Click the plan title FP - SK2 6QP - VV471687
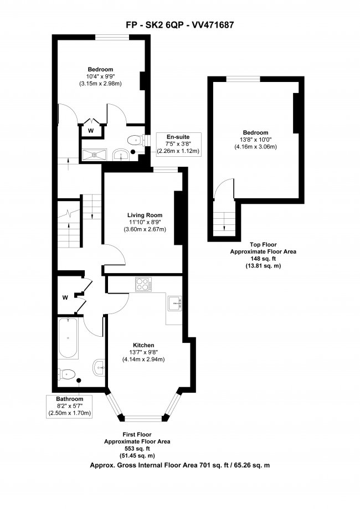click(x=179, y=25)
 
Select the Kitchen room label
click(x=144, y=346)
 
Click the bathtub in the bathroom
click(x=69, y=338)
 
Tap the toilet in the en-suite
click(x=135, y=140)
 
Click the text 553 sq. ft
click(x=137, y=449)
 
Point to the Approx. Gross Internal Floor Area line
click(x=179, y=466)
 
